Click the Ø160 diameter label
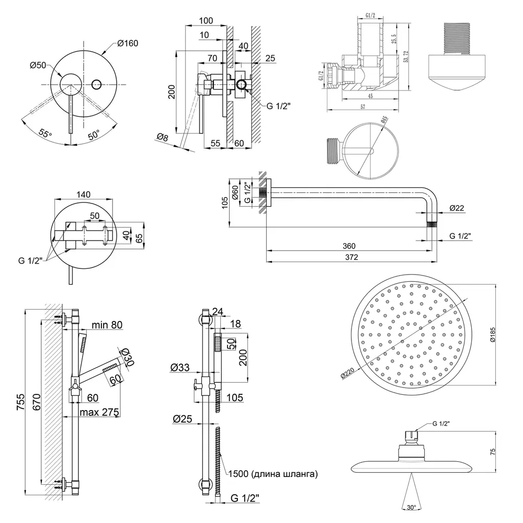[x=128, y=43]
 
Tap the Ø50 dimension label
[x=39, y=65]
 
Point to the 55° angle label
[x=46, y=134]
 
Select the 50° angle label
[x=94, y=135]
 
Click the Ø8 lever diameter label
[x=162, y=137]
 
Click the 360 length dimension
[x=349, y=246]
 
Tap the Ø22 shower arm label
[x=456, y=209]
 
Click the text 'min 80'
[x=107, y=325]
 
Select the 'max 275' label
[x=99, y=413]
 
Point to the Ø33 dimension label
[x=179, y=368]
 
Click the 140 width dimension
[x=84, y=195]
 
